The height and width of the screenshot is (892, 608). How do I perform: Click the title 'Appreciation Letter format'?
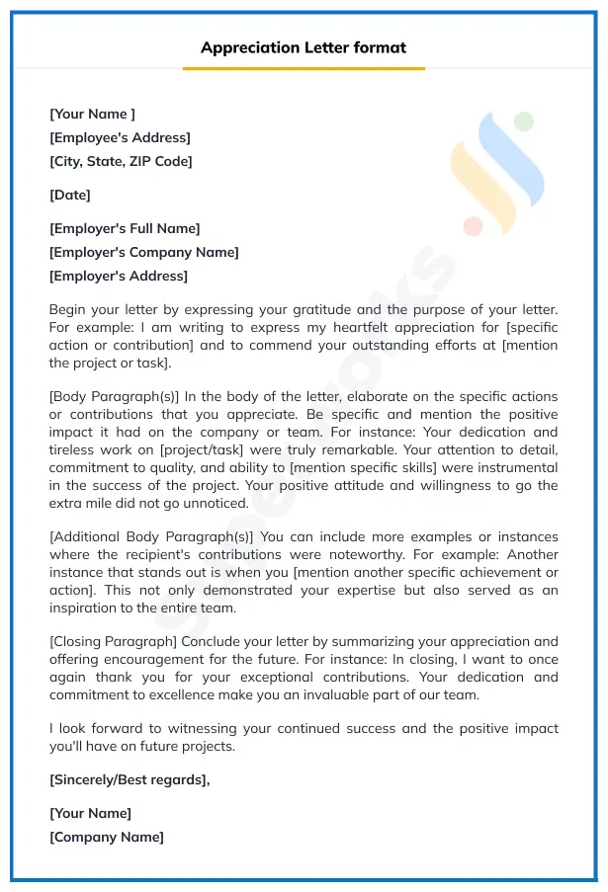click(x=304, y=47)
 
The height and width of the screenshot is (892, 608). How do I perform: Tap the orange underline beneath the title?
click(x=304, y=68)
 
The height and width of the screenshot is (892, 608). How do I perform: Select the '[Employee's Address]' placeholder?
click(x=120, y=137)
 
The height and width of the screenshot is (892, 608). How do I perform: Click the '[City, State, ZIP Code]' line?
click(x=121, y=161)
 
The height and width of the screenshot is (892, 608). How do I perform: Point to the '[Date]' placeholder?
click(x=70, y=195)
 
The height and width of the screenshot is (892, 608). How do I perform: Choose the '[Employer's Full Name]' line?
click(x=125, y=228)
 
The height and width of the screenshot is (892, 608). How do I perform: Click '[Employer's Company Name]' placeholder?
click(x=144, y=252)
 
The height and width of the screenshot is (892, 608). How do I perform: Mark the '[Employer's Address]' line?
click(x=119, y=276)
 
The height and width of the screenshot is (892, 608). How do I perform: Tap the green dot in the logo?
click(x=523, y=122)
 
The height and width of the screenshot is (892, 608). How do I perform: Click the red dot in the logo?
click(x=473, y=227)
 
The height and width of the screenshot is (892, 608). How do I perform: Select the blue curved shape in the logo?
click(x=514, y=163)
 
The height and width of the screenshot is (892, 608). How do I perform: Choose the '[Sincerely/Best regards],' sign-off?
click(x=130, y=779)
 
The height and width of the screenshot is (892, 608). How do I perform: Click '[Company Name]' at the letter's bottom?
click(x=107, y=837)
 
